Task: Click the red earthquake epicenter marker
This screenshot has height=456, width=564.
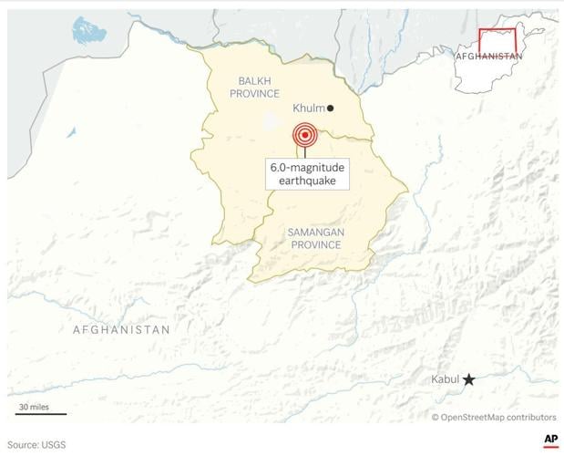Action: (x=305, y=136)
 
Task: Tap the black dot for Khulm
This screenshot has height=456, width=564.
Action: (x=331, y=108)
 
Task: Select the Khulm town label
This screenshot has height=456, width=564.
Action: (x=308, y=108)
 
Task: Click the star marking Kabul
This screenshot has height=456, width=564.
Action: (x=468, y=379)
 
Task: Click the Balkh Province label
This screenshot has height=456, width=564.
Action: (x=254, y=87)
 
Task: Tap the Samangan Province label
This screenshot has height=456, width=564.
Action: (x=315, y=240)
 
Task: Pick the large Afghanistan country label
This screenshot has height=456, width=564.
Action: (x=121, y=329)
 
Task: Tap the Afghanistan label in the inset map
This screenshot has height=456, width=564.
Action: (x=489, y=56)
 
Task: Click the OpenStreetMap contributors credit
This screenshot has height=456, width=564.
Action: (x=494, y=417)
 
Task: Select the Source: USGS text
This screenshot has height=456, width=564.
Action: (x=36, y=444)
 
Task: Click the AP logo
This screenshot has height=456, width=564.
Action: (x=550, y=440)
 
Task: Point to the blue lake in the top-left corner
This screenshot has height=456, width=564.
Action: (x=88, y=33)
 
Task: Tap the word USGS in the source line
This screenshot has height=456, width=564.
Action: (x=52, y=444)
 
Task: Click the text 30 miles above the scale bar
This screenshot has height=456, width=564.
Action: (x=34, y=406)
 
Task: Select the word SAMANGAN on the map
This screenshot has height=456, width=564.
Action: (x=315, y=233)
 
